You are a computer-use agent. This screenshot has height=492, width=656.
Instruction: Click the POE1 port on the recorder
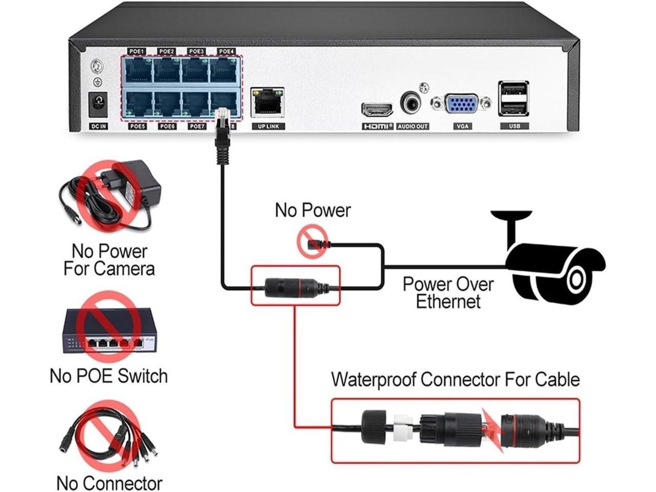pos(138,71)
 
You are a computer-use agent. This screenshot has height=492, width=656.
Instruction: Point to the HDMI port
pos(378,109)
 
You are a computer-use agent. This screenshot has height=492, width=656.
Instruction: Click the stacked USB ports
pos(513,98)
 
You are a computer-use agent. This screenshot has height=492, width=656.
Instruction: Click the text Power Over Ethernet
pos(448,293)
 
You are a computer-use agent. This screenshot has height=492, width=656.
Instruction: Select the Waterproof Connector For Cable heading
pos(455,380)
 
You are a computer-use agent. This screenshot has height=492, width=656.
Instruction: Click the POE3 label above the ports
pos(196,52)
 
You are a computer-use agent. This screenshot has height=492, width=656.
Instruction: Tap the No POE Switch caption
pos(109,376)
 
